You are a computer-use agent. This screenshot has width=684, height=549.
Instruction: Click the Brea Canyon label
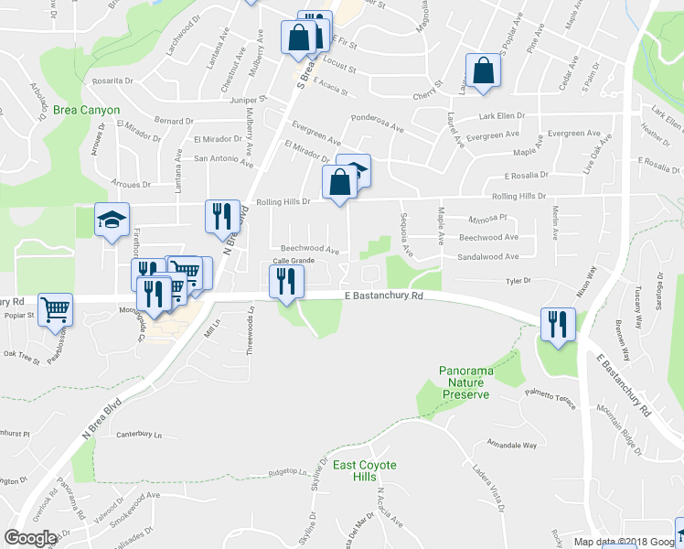coord(87,110)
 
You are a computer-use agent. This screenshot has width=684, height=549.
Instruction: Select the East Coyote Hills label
coord(364,472)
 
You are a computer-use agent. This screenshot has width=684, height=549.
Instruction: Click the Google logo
coord(31,538)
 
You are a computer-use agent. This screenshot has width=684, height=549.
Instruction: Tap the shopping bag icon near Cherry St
coord(482,70)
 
